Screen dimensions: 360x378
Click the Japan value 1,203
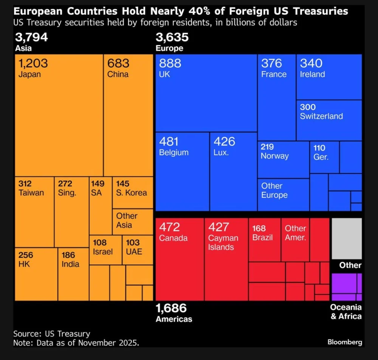33,64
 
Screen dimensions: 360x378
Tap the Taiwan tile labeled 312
34,212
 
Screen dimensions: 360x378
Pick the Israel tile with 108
105,250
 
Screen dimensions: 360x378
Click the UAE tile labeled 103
137,250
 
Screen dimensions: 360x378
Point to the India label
71,264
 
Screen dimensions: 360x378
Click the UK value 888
170,64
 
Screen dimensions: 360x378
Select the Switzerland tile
329,120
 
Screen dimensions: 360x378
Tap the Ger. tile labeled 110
324,157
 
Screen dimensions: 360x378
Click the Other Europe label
274,191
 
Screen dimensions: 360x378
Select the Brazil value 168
259,228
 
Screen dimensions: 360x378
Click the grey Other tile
347,238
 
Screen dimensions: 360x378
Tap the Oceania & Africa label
346,312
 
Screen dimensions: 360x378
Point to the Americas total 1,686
171,308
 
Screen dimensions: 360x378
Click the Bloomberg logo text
344,342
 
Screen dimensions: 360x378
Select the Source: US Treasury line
52,334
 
